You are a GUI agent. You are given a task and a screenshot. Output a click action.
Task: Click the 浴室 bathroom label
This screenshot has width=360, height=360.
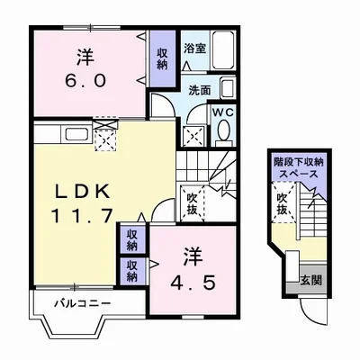[195, 49]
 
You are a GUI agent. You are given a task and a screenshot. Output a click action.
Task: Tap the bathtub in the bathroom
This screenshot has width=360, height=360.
[222, 49]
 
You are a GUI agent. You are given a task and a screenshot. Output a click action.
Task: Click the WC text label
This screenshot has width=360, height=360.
[223, 112]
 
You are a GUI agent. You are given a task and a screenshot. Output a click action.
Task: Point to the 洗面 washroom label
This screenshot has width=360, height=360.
[199, 91]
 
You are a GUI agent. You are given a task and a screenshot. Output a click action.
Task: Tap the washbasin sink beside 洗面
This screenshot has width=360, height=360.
[228, 88]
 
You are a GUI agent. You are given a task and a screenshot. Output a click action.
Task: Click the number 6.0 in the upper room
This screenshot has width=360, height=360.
[85, 80]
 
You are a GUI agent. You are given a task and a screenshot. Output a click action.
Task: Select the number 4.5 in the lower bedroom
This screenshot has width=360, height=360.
[193, 283]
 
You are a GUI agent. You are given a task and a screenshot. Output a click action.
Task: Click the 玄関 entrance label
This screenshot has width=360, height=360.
[311, 280]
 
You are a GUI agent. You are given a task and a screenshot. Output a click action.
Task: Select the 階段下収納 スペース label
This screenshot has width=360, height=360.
[298, 168]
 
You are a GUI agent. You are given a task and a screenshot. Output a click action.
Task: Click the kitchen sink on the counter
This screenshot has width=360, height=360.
[76, 134]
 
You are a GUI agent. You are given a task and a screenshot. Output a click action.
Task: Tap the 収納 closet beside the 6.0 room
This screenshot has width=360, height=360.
[162, 58]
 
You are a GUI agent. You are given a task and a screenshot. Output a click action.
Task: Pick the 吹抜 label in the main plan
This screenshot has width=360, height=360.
[192, 204]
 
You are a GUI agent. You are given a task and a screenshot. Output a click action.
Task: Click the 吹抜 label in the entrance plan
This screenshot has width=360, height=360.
[283, 204]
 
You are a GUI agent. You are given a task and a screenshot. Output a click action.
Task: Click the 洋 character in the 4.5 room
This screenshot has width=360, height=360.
[192, 256]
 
